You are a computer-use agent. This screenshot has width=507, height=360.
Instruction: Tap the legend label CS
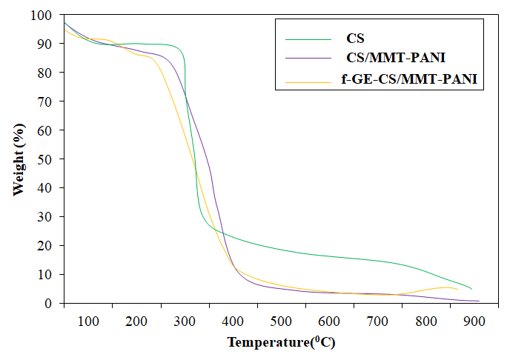pyautogui.click(x=356, y=36)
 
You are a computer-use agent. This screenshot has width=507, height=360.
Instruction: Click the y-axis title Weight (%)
pyautogui.click(x=19, y=159)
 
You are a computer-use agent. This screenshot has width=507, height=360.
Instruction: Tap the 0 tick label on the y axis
pyautogui.click(x=49, y=304)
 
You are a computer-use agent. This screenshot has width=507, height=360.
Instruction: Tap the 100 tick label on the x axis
pyautogui.click(x=88, y=321)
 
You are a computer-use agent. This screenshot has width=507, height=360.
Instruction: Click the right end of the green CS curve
pyautogui.click(x=471, y=289)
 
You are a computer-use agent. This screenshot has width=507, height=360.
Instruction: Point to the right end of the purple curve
pyautogui.click(x=478, y=301)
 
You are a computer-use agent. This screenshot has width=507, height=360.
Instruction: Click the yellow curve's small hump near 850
pyautogui.click(x=445, y=287)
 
